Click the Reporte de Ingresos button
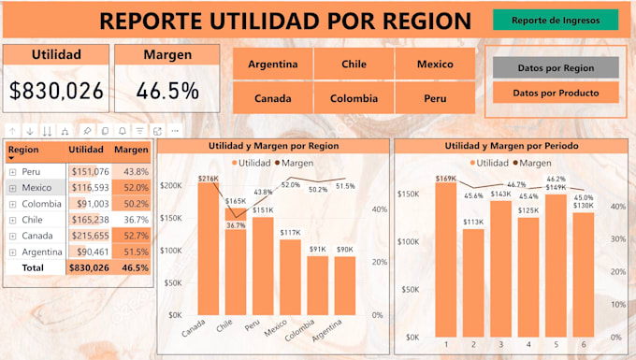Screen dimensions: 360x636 point(556,20)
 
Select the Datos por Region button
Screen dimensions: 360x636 point(556,67)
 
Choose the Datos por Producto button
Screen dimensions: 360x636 point(556,93)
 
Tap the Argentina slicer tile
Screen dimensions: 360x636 point(272,65)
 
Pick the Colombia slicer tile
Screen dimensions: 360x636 point(354,97)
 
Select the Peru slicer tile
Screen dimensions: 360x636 point(434,97)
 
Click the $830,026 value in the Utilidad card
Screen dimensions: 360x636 point(56,91)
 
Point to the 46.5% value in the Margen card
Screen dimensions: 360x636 point(166,91)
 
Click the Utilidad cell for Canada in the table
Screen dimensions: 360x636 point(90,235)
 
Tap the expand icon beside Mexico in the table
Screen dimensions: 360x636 point(12,187)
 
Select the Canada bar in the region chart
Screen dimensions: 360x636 point(207,249)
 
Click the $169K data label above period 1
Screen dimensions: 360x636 point(446,178)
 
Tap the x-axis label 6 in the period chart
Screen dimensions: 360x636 point(583,345)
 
